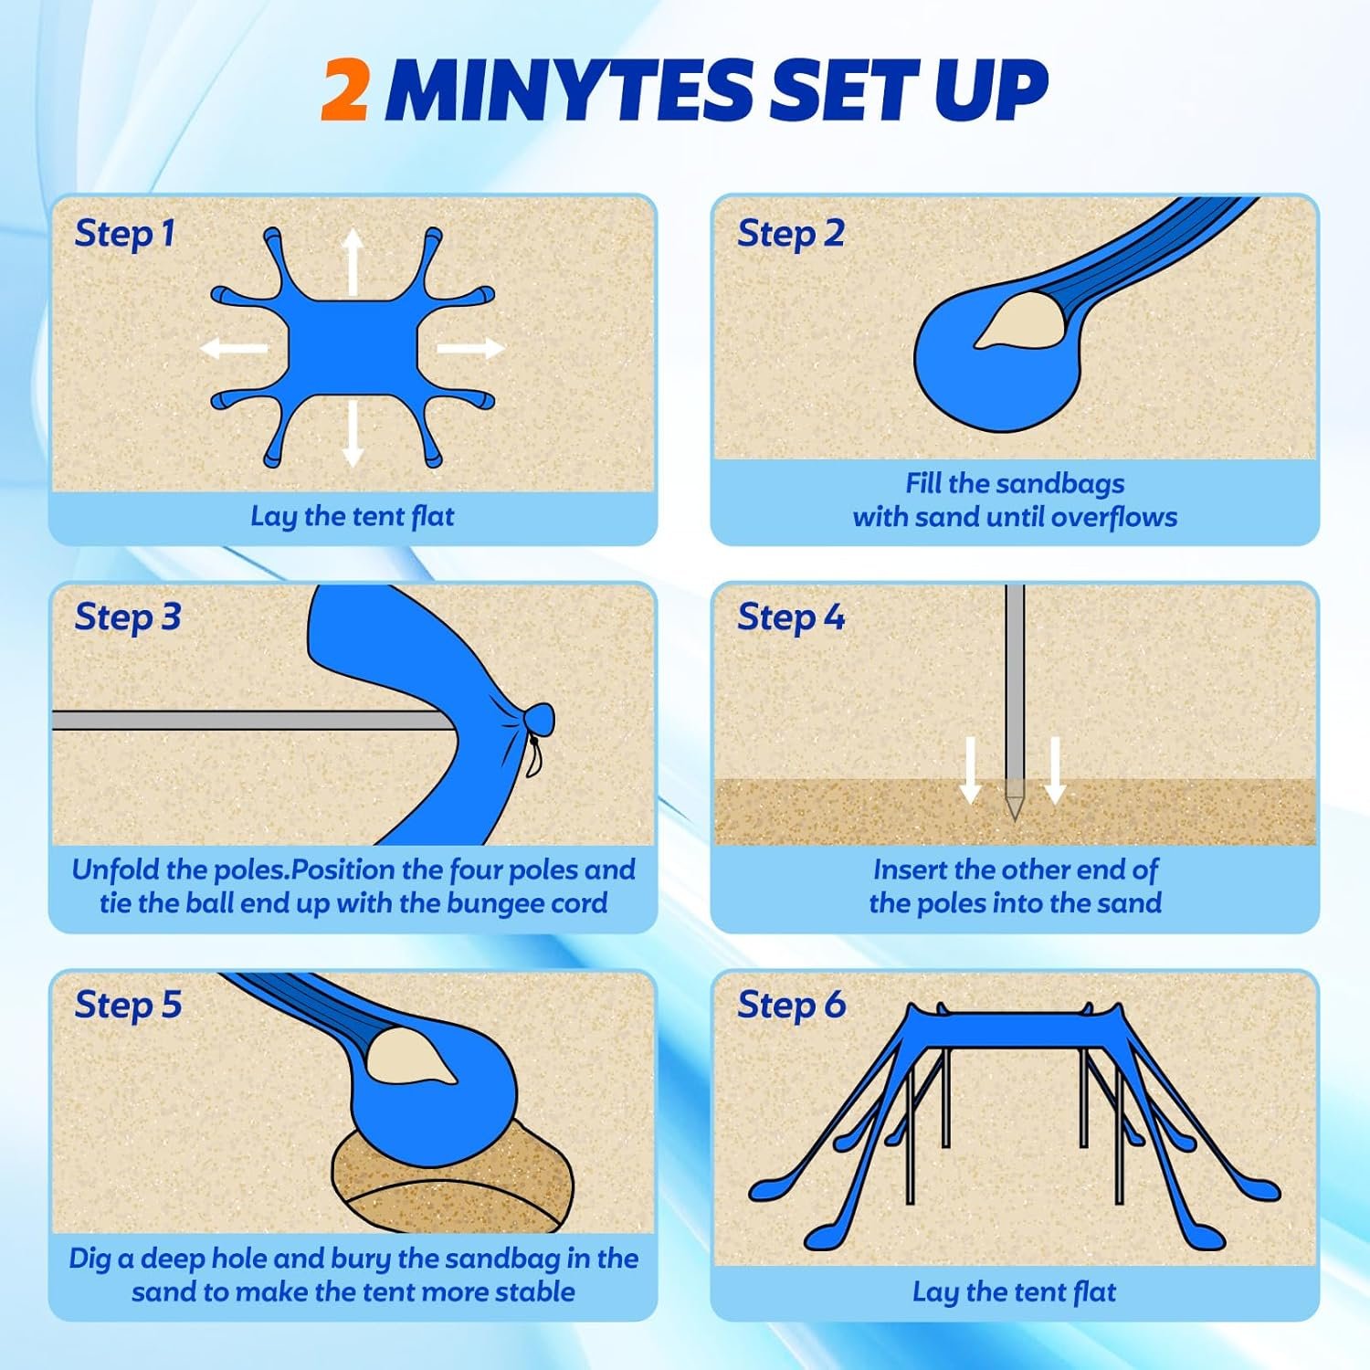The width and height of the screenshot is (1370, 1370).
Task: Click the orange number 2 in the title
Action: [x=345, y=90]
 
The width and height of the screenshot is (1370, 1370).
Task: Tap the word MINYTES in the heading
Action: [x=566, y=90]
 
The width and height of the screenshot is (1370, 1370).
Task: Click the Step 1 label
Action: [x=124, y=234]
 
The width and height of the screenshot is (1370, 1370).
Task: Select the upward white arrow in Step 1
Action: [x=353, y=262]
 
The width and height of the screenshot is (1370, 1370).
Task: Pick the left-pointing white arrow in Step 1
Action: [x=234, y=348]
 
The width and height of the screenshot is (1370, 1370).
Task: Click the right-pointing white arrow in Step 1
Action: [x=470, y=348]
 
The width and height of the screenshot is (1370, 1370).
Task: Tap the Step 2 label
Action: [x=790, y=234]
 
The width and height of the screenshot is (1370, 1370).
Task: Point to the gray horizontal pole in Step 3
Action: [x=251, y=721]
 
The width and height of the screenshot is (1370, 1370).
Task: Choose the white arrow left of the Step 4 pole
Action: [x=972, y=770]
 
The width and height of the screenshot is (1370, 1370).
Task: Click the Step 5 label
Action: [x=128, y=1005]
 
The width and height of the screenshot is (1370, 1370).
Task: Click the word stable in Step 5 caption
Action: [x=534, y=1291]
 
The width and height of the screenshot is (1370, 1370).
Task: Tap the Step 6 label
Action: [x=791, y=1005]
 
